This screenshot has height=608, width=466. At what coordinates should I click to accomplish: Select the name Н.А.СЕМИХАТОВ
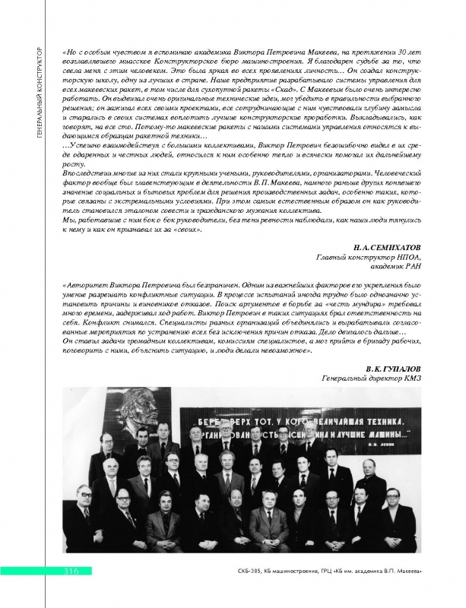coord(388,248)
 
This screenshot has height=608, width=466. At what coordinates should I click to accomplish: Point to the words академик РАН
coord(398,266)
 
